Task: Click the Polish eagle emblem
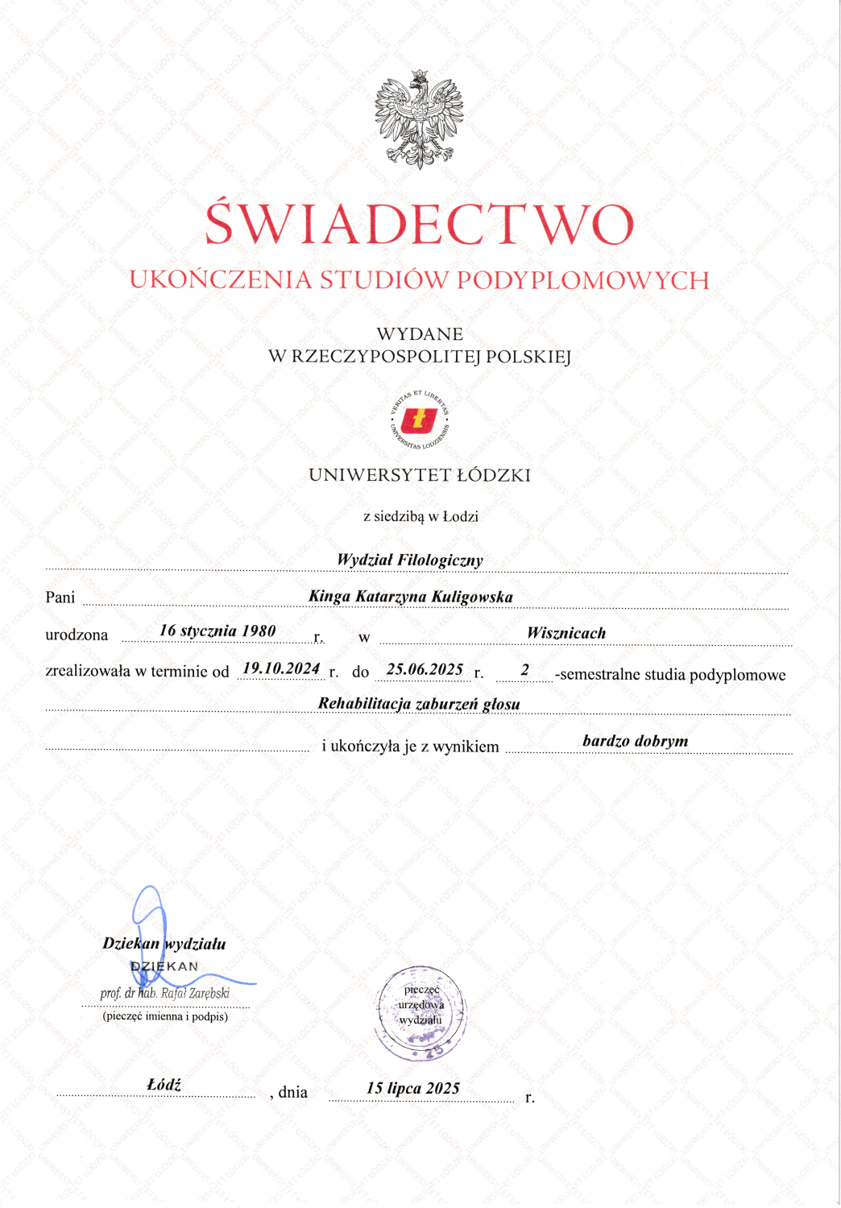click(x=419, y=119)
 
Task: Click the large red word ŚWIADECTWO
click(x=419, y=225)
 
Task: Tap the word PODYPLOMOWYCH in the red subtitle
click(x=583, y=280)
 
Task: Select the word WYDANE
click(x=420, y=334)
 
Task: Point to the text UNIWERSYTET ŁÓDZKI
click(x=420, y=475)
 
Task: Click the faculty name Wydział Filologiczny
click(x=410, y=560)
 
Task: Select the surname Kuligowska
click(x=472, y=597)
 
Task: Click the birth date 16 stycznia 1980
click(x=217, y=631)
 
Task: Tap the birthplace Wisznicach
click(x=566, y=633)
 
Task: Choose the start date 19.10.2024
click(x=281, y=668)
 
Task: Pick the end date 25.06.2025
click(x=425, y=669)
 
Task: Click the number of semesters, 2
click(x=525, y=669)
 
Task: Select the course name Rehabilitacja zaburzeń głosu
click(x=419, y=704)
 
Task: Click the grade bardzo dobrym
click(x=636, y=741)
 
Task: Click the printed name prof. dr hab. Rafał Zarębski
click(x=165, y=993)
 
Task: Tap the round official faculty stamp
click(x=420, y=1013)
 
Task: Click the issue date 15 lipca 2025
click(x=413, y=1088)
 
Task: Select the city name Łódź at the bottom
click(x=164, y=1085)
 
